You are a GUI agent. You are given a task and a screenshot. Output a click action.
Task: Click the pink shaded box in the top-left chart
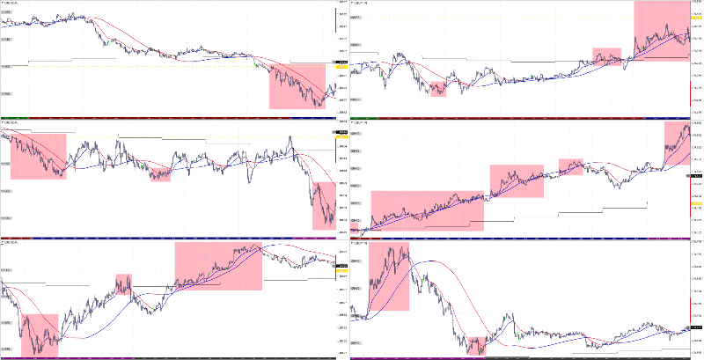tap(297, 85)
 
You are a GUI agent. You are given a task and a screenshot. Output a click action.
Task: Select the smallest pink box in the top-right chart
tap(438, 88)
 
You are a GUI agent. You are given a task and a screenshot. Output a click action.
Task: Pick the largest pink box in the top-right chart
tap(661, 30)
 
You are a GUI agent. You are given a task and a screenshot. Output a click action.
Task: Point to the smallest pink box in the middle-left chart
tap(159, 173)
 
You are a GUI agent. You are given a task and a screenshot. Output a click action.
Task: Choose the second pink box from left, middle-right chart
tap(517, 180)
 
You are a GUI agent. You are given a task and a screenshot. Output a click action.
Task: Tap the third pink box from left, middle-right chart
tap(571, 167)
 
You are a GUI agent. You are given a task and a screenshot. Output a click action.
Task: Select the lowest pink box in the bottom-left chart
tap(40, 335)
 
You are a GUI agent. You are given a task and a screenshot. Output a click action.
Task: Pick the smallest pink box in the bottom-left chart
tap(123, 283)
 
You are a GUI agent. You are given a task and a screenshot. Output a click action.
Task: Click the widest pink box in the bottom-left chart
tap(218, 266)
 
